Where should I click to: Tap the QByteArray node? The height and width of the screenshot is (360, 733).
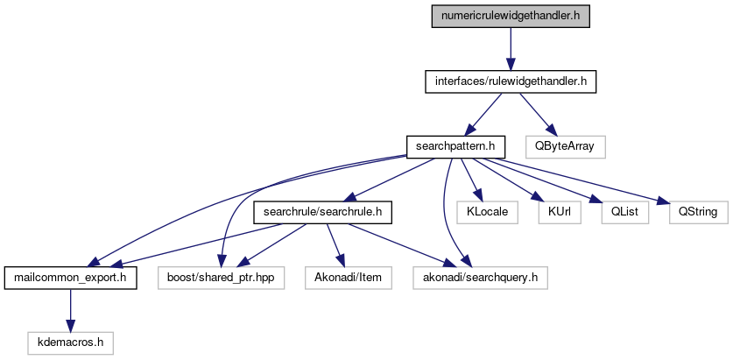[565, 145]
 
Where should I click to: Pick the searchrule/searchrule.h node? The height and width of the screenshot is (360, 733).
[322, 212]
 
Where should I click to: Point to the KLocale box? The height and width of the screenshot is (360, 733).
[484, 212]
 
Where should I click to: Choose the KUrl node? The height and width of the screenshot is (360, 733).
[553, 212]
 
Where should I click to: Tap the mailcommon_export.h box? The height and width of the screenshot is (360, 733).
[70, 279]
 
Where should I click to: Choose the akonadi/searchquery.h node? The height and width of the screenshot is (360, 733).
[481, 279]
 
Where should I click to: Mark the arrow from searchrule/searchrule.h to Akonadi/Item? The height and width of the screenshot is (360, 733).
[333, 245]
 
